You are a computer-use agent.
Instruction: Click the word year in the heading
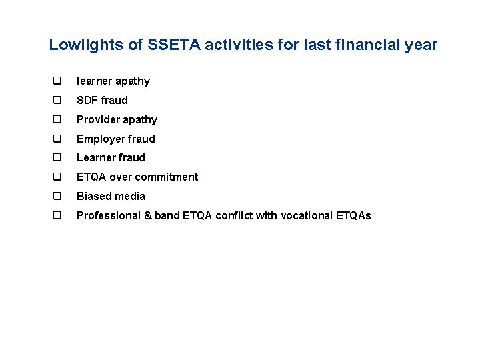[421, 45]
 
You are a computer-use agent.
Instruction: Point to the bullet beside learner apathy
[57, 81]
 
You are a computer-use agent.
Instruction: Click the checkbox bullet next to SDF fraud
[57, 101]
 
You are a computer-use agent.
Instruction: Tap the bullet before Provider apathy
[57, 120]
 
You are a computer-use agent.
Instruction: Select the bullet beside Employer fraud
[57, 139]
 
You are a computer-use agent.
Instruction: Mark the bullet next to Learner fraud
[57, 158]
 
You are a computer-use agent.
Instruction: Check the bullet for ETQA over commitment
[57, 177]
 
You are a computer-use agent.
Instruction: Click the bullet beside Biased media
[57, 197]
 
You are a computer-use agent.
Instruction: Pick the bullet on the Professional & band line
[57, 216]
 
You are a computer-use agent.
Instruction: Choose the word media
[130, 197]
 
